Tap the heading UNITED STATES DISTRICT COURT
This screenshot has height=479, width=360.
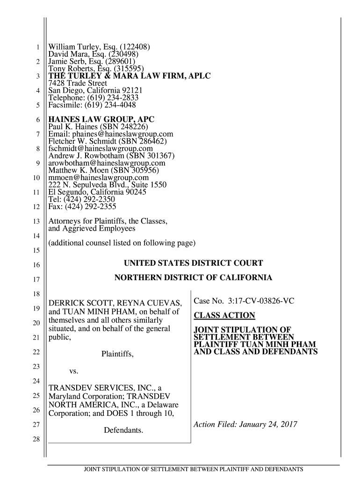(193, 263)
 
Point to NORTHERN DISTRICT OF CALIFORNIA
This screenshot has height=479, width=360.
(193, 278)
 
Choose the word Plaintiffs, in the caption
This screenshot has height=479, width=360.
(118, 356)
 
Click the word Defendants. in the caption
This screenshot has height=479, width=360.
(123, 430)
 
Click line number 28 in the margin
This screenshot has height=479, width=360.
(36, 440)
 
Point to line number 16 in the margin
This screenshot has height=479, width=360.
(36, 266)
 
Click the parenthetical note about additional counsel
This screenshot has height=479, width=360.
(122, 243)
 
